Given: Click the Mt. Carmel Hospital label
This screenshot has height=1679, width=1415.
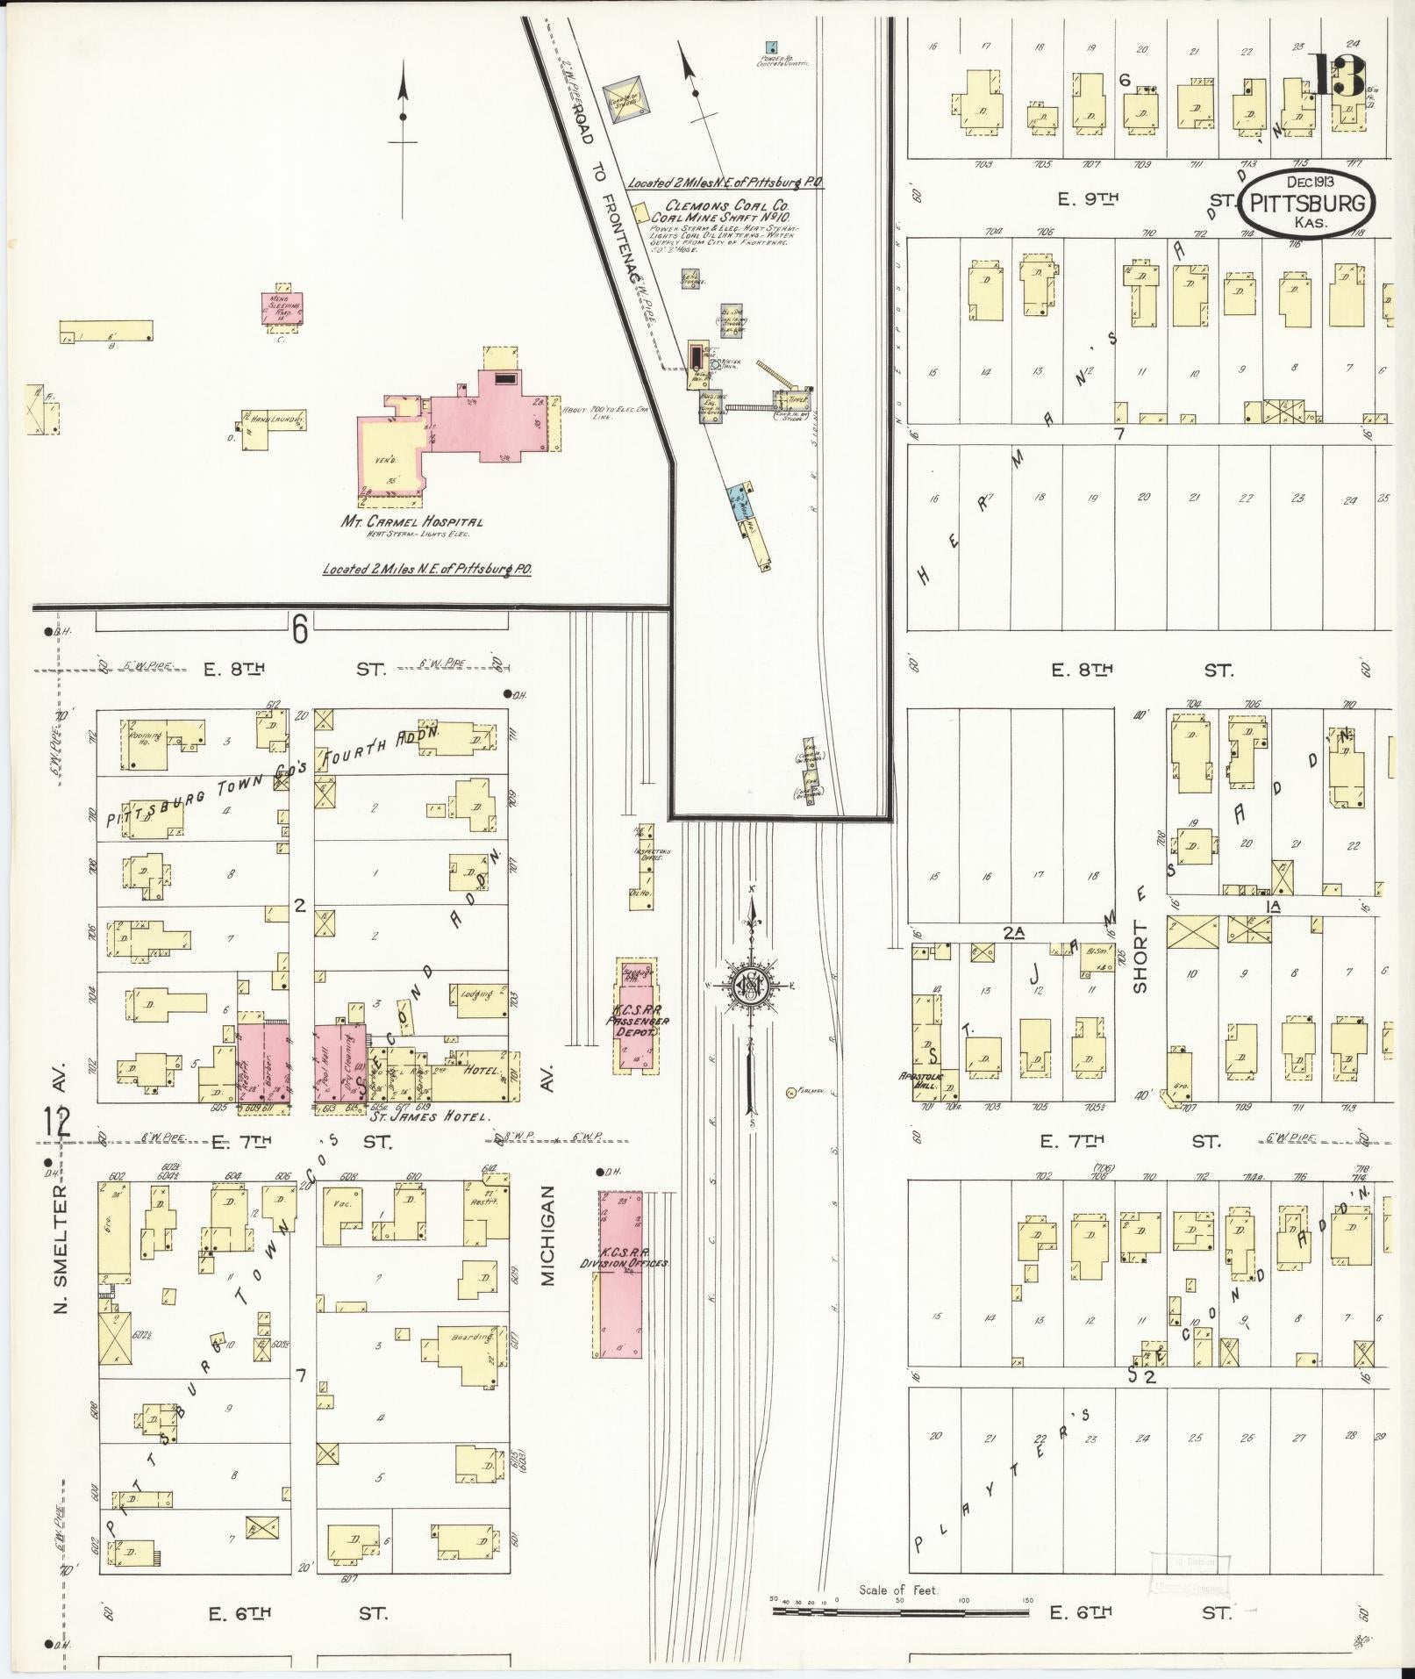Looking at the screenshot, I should [412, 521].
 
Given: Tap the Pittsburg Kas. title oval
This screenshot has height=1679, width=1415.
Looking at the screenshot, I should [1307, 204].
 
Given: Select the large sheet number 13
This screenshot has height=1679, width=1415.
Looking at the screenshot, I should [1338, 75].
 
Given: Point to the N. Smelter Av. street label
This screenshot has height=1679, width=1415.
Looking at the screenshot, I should [61, 1247].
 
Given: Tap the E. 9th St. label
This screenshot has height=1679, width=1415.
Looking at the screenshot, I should [1088, 199].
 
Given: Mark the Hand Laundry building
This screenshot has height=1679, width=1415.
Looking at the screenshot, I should [275, 420].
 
